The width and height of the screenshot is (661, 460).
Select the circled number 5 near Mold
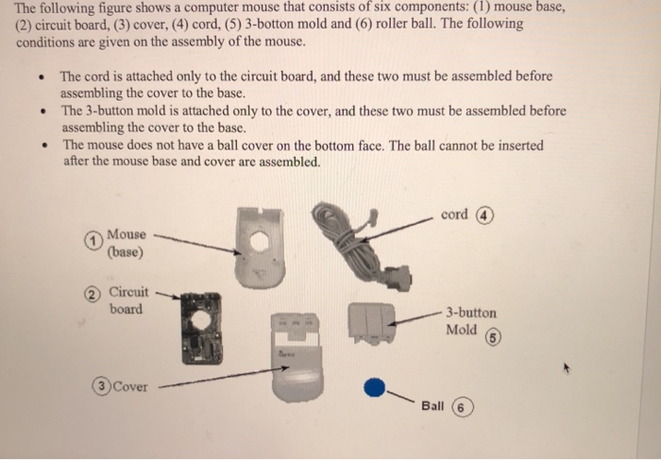click(x=493, y=337)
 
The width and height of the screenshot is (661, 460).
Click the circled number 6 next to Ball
click(x=460, y=407)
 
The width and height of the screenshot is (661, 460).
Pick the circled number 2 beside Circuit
click(x=93, y=293)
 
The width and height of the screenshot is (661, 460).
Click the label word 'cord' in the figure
click(x=454, y=214)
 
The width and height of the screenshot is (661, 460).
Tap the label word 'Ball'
click(x=432, y=405)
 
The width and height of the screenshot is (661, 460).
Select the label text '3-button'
click(x=471, y=312)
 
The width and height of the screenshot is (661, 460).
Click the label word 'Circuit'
click(x=127, y=292)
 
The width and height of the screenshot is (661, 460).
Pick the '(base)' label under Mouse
click(x=125, y=252)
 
